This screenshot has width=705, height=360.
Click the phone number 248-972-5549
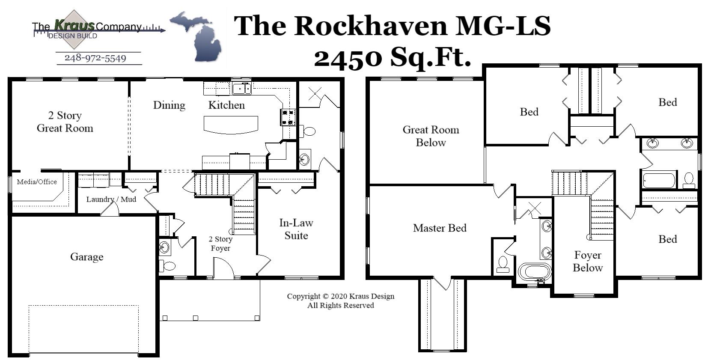point(95,58)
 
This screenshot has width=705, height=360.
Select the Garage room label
point(87,257)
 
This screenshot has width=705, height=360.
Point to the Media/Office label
point(37,182)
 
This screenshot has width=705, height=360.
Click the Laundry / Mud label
point(111,199)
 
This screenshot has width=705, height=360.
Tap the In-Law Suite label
point(296,229)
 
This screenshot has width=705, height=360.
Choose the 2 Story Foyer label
point(220,244)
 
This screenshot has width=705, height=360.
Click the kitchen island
point(231,125)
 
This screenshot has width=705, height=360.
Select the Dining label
point(169,105)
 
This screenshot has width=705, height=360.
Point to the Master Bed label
point(440,228)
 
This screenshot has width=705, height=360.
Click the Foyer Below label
point(588,262)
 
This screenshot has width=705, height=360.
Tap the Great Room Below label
point(431,136)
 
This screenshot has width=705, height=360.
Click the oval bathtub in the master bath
point(535,272)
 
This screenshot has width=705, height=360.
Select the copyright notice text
point(340,300)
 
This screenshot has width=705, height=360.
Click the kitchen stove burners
point(288,117)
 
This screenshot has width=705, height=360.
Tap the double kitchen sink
point(241,89)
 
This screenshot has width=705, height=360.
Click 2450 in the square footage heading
point(347,58)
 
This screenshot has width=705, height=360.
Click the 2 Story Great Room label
point(65,122)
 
